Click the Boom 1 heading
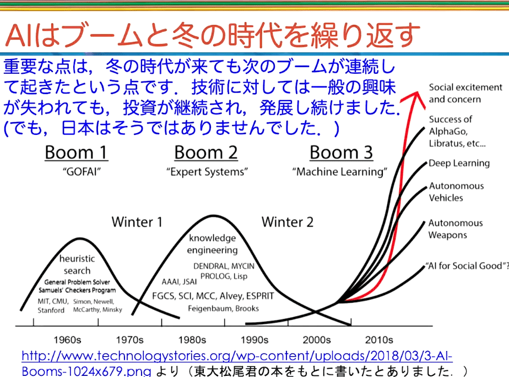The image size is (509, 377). click(x=76, y=152)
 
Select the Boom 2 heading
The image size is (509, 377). click(x=206, y=152)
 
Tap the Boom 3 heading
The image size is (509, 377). click(x=341, y=152)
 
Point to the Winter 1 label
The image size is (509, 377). click(x=137, y=222)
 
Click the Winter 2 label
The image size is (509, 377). click(x=288, y=222)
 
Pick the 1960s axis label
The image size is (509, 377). click(x=67, y=340)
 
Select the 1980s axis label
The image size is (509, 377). click(x=192, y=340)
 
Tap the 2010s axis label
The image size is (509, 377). click(x=379, y=340)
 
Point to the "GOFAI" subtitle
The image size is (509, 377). click(x=82, y=172)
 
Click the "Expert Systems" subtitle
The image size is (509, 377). click(x=207, y=172)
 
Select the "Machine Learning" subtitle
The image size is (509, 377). click(x=339, y=172)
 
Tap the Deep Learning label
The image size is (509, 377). click(x=459, y=163)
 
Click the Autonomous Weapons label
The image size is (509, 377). click(x=456, y=229)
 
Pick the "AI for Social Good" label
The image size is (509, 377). click(x=467, y=266)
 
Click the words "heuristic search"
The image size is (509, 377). click(x=77, y=264)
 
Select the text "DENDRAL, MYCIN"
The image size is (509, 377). click(x=224, y=266)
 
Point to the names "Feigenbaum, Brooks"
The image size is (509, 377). click(x=223, y=308)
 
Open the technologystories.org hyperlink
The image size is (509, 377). click(x=237, y=363)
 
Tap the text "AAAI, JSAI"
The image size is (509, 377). click(x=179, y=282)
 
